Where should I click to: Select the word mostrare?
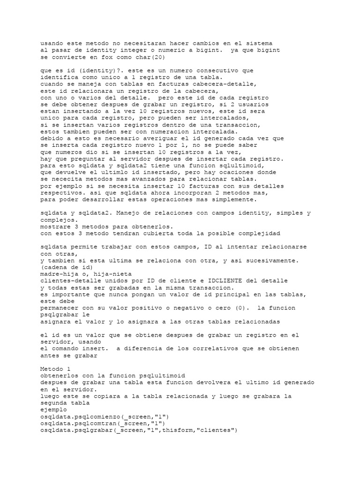[x=57, y=226]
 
